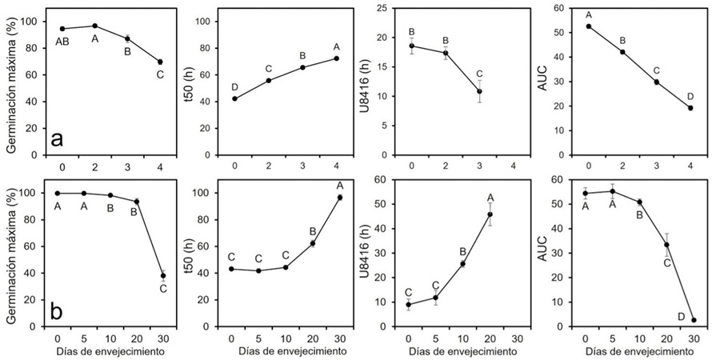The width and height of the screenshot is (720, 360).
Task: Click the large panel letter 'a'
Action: [x=58, y=139]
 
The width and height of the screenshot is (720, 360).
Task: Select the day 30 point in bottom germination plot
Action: [x=162, y=276]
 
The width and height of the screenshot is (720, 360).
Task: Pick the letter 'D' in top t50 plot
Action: [x=234, y=86]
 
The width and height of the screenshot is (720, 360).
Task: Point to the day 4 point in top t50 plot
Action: [x=336, y=58]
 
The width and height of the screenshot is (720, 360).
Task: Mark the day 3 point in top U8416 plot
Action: [x=479, y=91]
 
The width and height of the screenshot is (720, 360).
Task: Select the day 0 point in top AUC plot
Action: [x=589, y=26]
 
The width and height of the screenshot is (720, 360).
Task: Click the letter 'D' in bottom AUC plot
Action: [x=681, y=318]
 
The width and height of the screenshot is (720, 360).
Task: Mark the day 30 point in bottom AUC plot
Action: [x=694, y=320]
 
